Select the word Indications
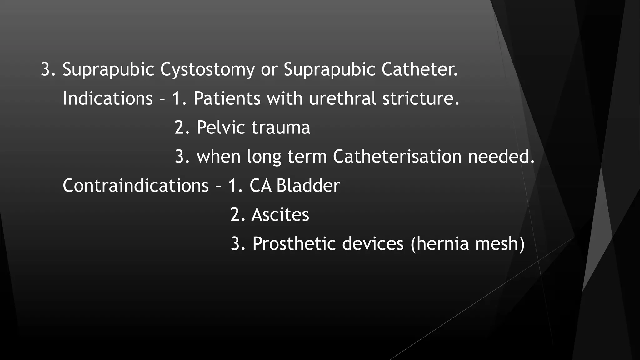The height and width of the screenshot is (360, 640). [x=107, y=98]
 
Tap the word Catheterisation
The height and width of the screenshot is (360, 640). [x=397, y=156]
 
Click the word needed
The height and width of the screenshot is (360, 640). [x=501, y=156]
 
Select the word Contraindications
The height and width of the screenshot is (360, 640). [x=136, y=185]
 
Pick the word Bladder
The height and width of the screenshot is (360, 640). [x=308, y=185]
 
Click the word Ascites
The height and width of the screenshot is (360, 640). [x=280, y=214]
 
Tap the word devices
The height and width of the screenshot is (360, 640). [x=373, y=243]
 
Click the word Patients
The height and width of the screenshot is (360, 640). [x=227, y=98]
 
